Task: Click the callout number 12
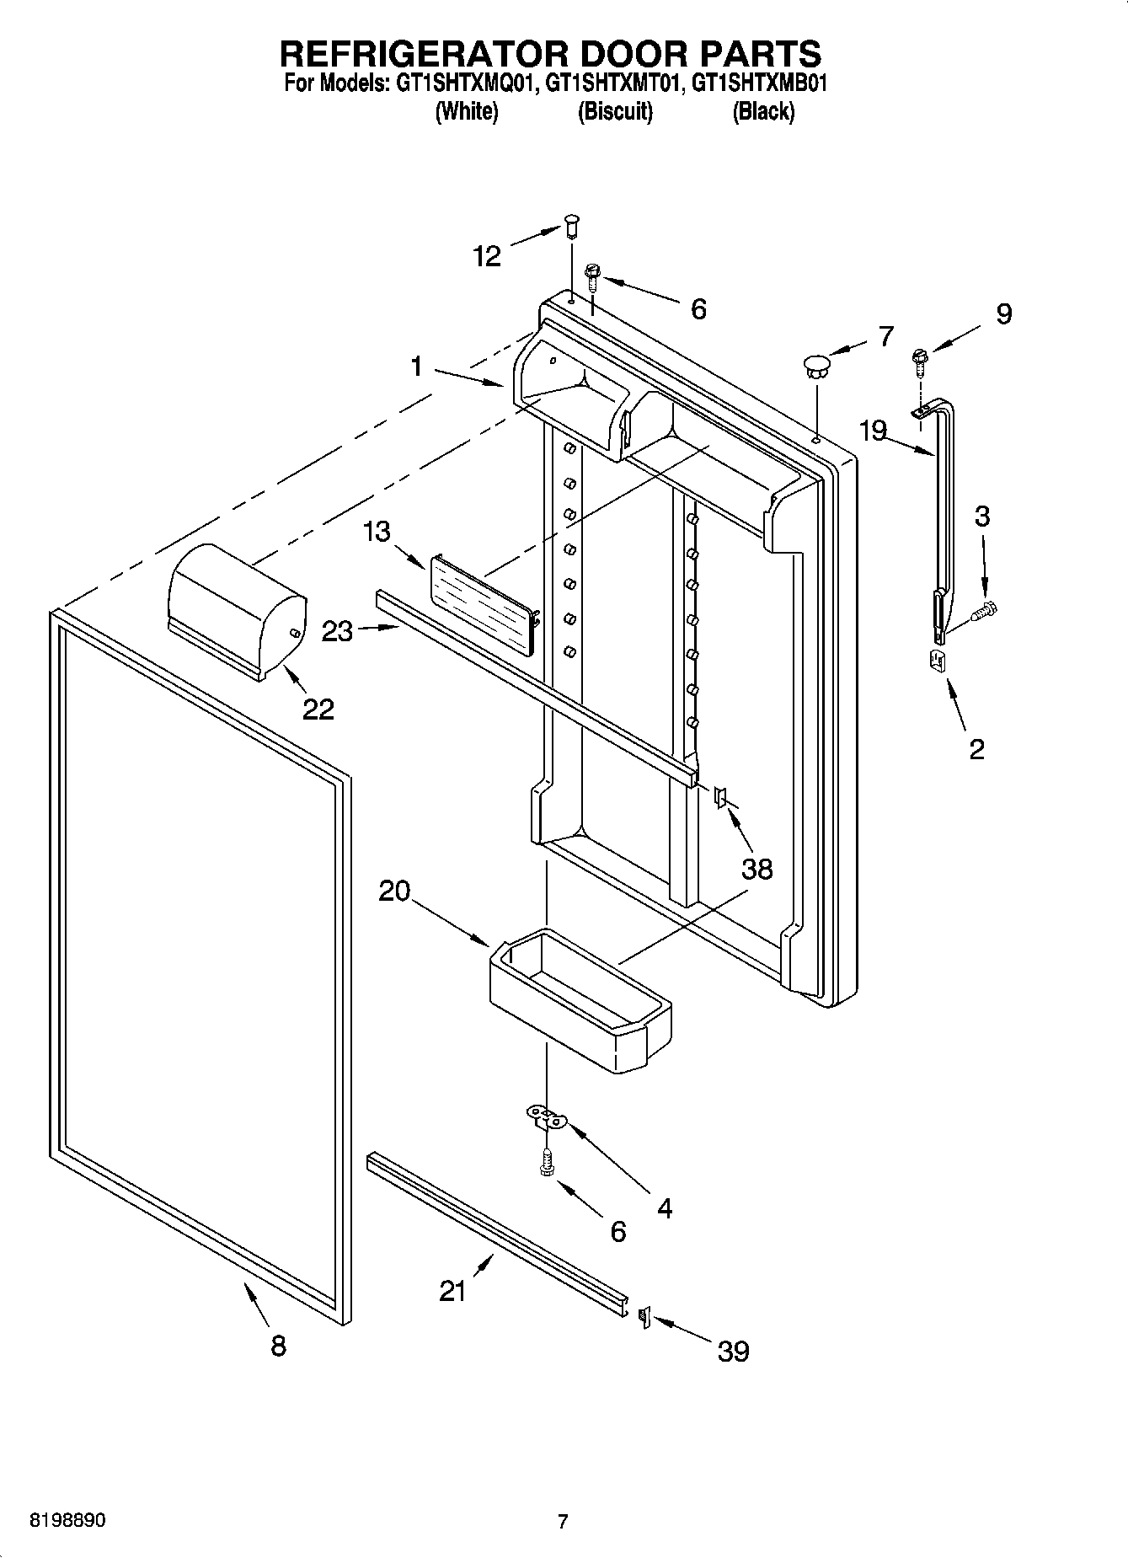pyautogui.click(x=487, y=255)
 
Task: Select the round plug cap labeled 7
pyautogui.click(x=815, y=364)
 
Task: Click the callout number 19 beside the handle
pyautogui.click(x=873, y=431)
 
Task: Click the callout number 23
pyautogui.click(x=337, y=631)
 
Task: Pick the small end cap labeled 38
pyautogui.click(x=720, y=796)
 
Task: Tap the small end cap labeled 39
pyautogui.click(x=644, y=1315)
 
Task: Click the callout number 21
pyautogui.click(x=452, y=1290)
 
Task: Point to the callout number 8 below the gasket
pyautogui.click(x=278, y=1345)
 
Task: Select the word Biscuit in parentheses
pyautogui.click(x=615, y=111)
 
